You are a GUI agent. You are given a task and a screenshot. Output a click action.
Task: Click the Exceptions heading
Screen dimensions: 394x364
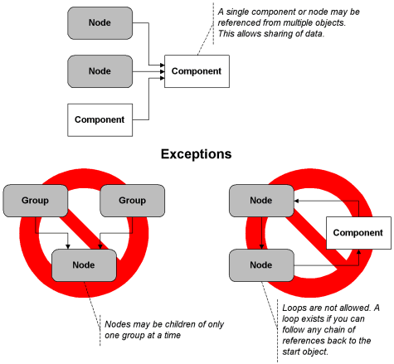197,154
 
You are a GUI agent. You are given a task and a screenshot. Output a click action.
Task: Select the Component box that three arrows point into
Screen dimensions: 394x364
197,71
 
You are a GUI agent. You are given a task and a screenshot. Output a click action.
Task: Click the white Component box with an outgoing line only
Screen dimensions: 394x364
100,120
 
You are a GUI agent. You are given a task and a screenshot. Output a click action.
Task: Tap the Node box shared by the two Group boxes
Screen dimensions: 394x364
84,265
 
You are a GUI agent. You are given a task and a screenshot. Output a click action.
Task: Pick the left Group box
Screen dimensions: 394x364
35,201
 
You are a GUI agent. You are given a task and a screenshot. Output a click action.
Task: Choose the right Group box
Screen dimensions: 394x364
132,201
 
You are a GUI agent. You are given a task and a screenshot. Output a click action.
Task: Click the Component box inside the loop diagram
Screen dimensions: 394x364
358,233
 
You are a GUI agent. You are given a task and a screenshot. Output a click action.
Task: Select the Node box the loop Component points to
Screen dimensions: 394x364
261,201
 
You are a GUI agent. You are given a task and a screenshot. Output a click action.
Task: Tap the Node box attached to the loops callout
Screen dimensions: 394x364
261,265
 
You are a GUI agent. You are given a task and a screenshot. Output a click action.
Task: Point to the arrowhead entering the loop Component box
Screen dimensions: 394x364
358,251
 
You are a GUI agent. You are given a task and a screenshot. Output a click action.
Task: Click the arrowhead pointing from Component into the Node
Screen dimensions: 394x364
296,201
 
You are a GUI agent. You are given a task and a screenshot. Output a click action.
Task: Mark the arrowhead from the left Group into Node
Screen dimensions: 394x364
68,246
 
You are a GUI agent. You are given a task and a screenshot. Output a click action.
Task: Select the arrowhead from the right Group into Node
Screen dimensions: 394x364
100,246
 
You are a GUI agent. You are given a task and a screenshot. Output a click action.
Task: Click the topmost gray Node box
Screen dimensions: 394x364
100,23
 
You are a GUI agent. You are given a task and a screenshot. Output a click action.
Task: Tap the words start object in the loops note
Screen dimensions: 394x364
305,352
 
